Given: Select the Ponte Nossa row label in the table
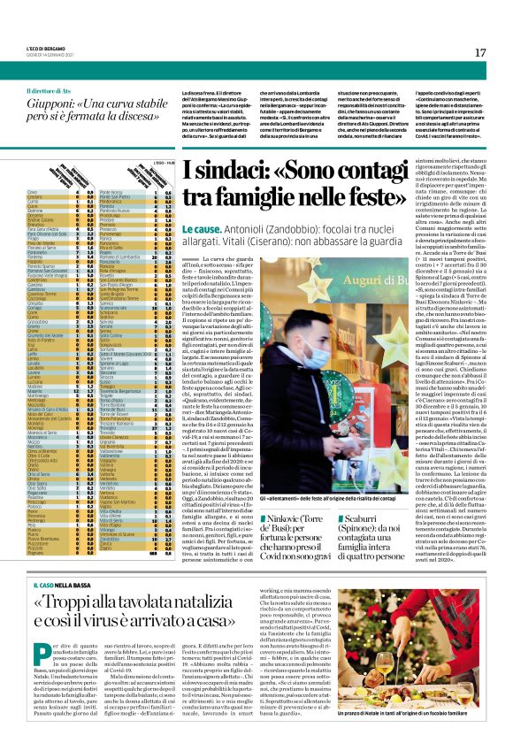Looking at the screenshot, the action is [x=136, y=190].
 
